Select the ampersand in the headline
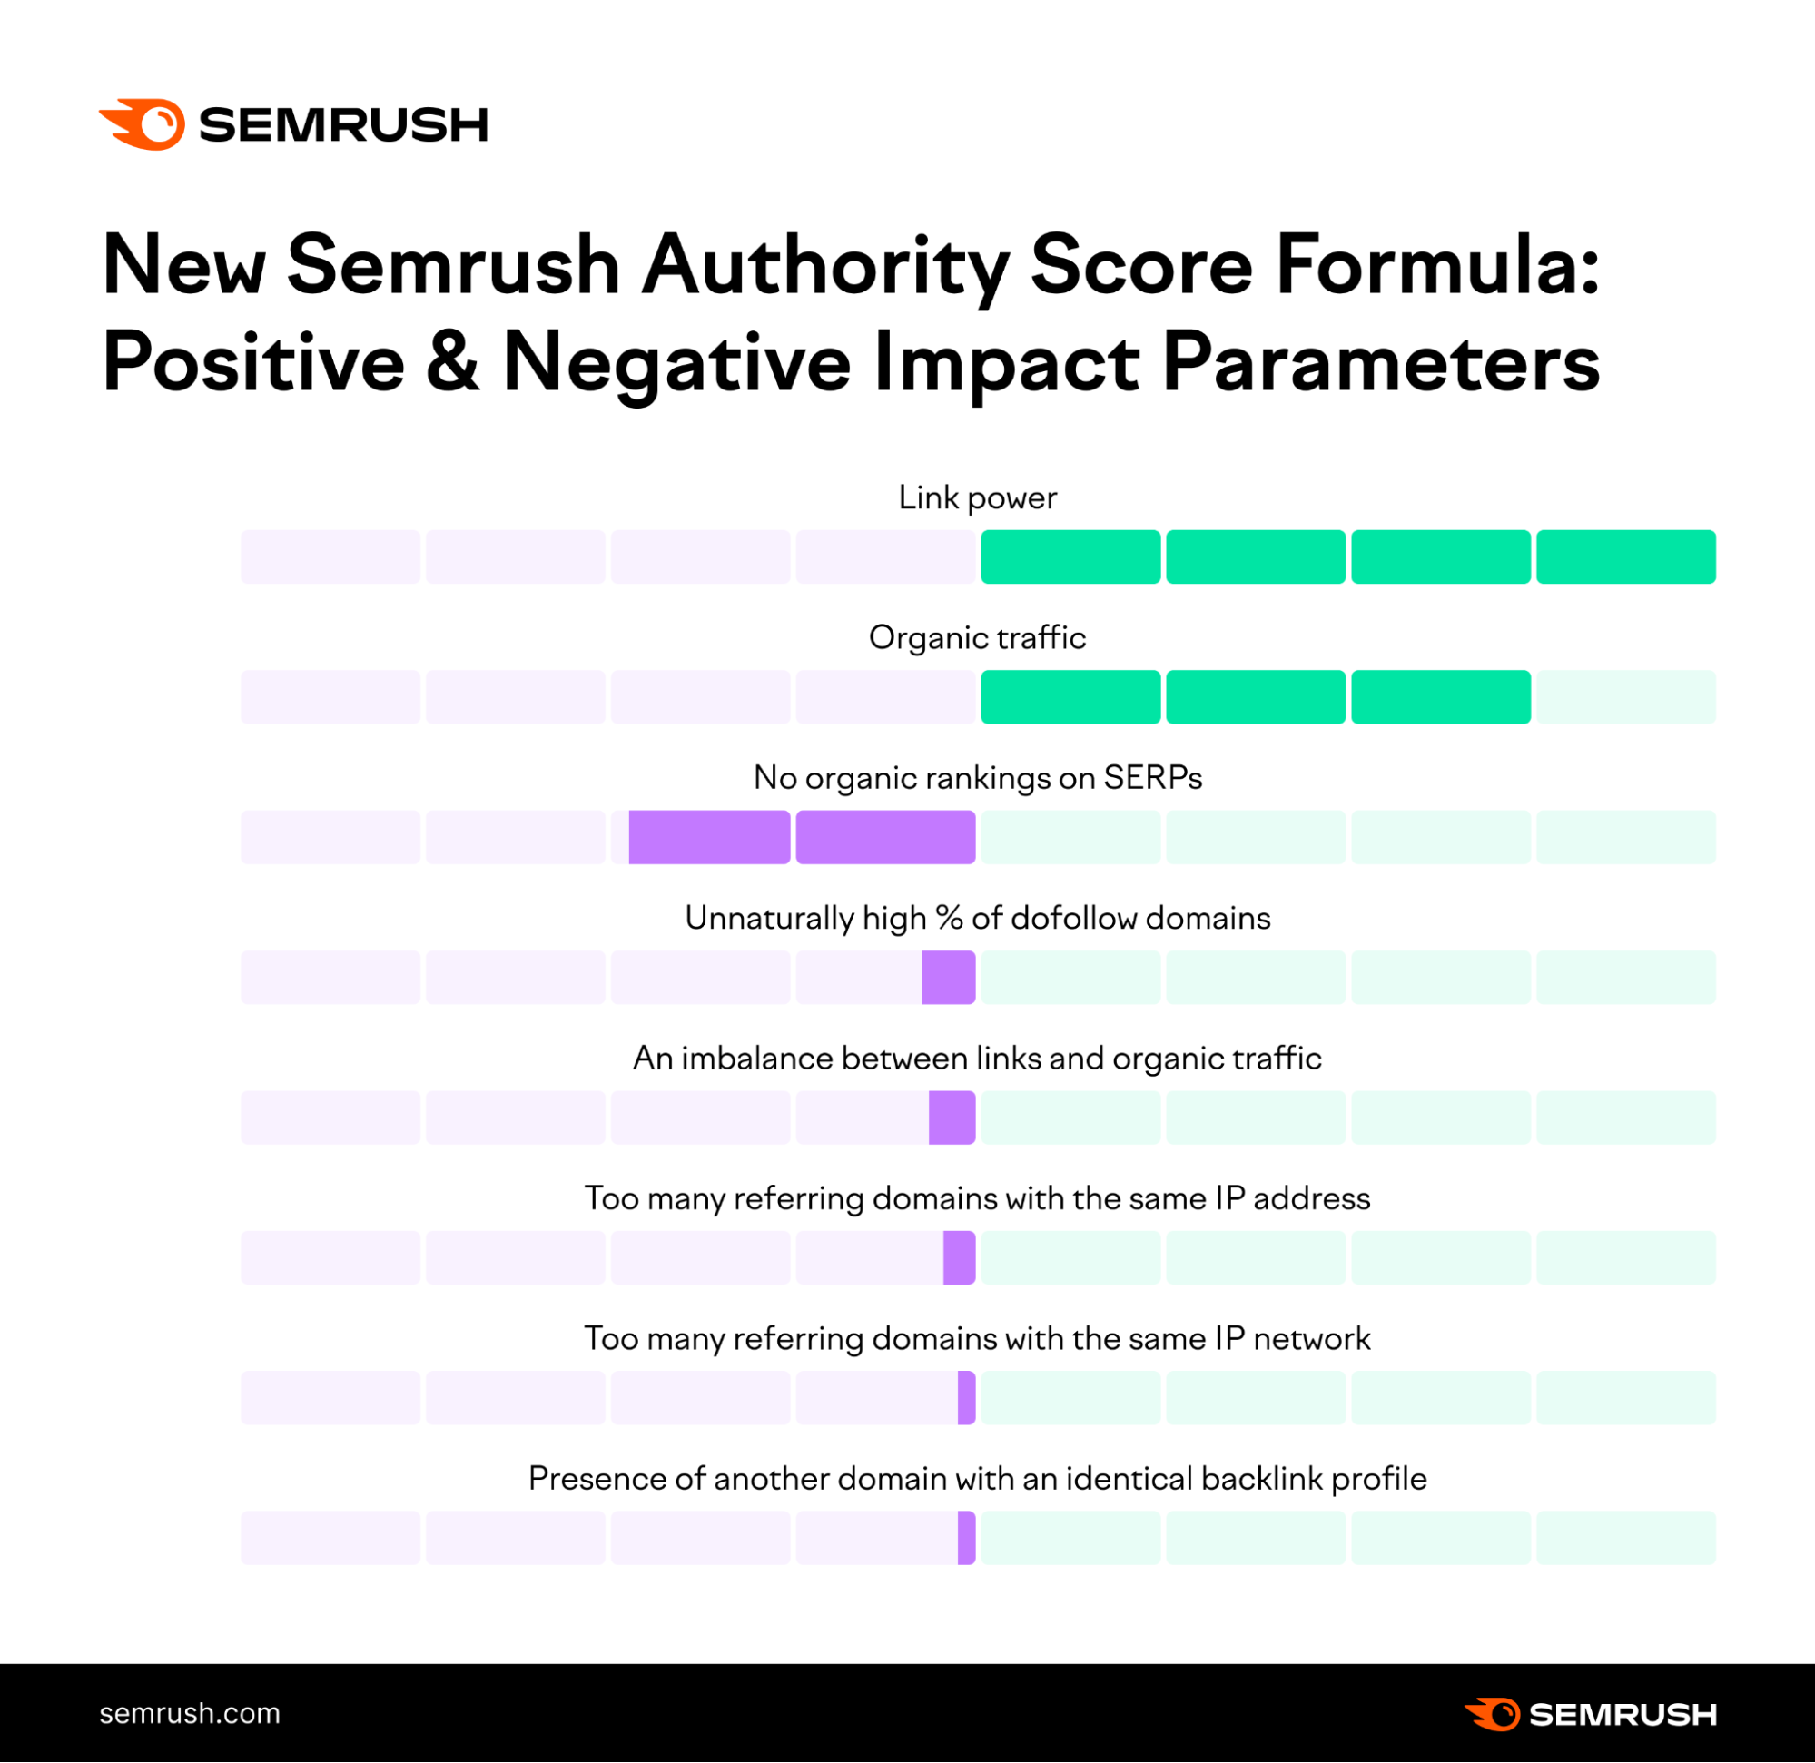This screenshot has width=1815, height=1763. [x=454, y=362]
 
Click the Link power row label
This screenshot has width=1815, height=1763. [x=977, y=498]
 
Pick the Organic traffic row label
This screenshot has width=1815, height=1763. [x=977, y=638]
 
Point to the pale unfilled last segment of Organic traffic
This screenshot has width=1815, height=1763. [x=1625, y=697]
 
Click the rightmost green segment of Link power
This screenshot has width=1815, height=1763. [x=1625, y=557]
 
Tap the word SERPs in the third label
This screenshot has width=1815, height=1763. [x=1152, y=778]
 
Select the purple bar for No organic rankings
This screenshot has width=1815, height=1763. [x=801, y=837]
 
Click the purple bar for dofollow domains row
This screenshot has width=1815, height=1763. [x=948, y=978]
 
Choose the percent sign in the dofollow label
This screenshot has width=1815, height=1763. [x=949, y=919]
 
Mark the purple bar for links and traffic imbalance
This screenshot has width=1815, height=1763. [x=952, y=1118]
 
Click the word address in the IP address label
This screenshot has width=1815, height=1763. [x=1310, y=1199]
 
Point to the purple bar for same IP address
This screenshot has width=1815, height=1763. [x=960, y=1257]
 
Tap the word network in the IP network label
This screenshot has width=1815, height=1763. [x=1311, y=1339]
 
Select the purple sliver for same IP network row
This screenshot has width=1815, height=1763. [x=966, y=1398]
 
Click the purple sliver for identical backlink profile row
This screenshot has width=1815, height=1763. [x=966, y=1538]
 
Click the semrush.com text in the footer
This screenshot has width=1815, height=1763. [x=190, y=1714]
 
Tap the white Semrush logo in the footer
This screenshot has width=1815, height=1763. [x=1590, y=1715]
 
